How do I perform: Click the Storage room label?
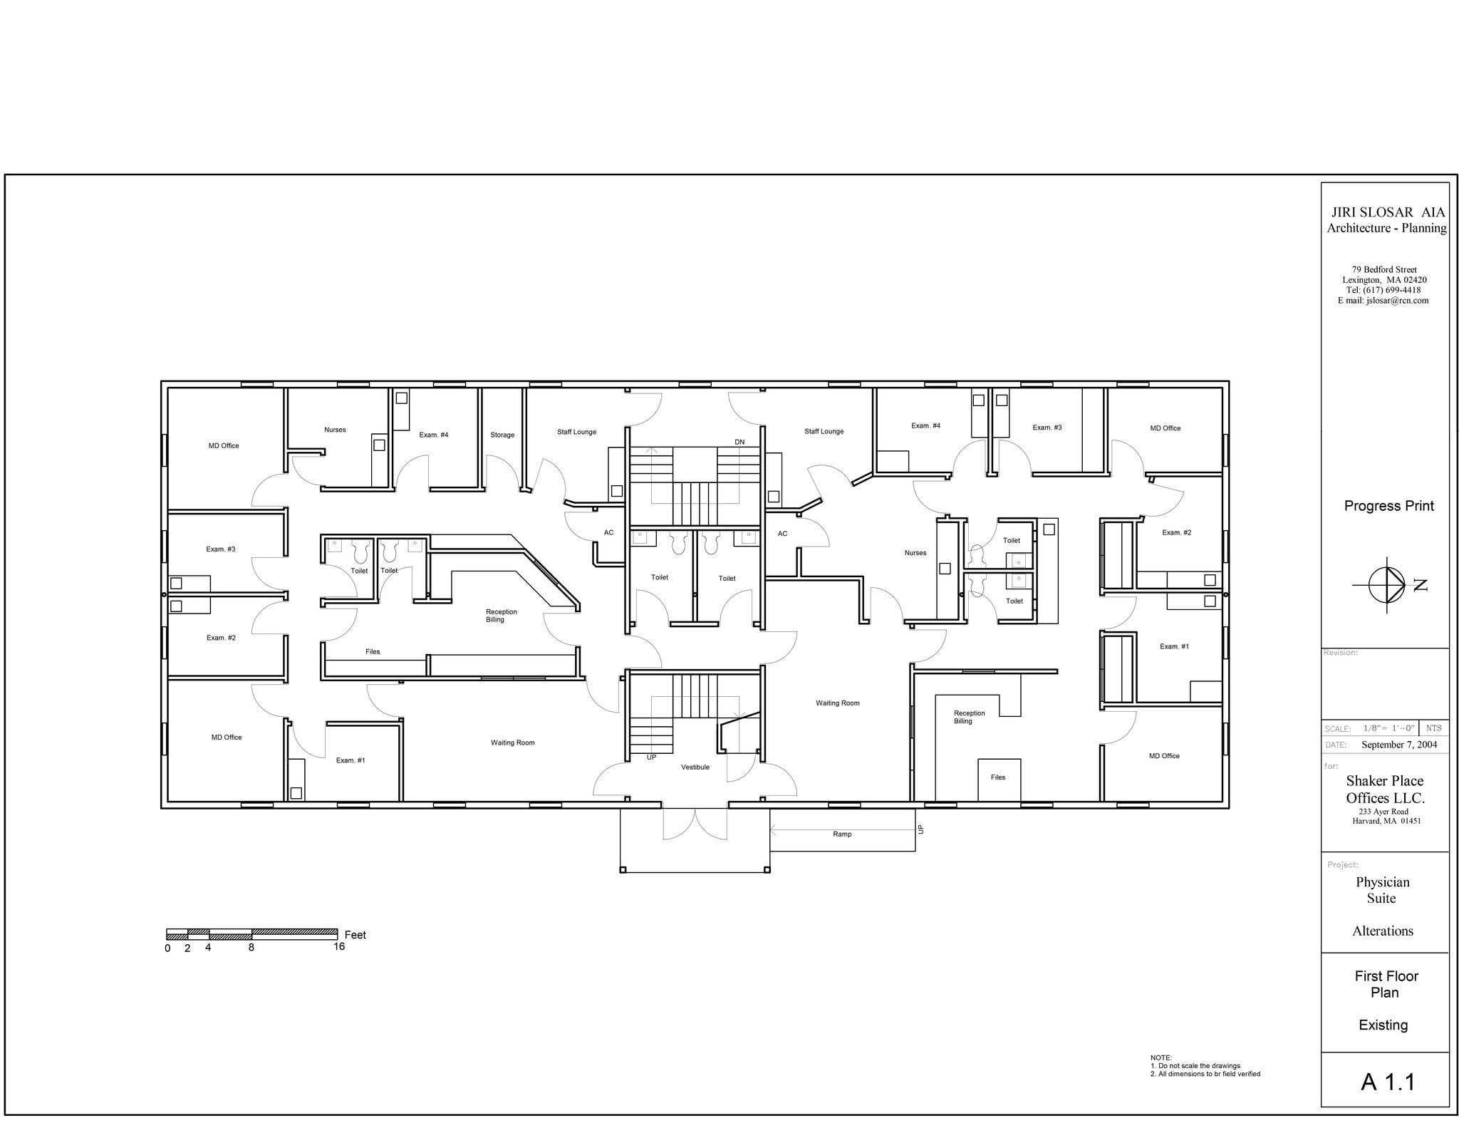click(502, 435)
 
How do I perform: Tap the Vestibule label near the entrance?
click(695, 767)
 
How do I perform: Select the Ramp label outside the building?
click(842, 834)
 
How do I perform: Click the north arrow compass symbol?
click(1387, 585)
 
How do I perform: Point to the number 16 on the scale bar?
click(339, 947)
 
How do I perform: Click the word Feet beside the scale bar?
click(355, 935)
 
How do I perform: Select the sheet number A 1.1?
click(1388, 1082)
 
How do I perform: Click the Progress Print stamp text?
click(1388, 506)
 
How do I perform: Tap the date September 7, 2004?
click(1399, 745)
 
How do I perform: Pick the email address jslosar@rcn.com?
click(1397, 301)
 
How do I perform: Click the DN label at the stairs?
click(739, 443)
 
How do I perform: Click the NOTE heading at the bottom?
click(1161, 1057)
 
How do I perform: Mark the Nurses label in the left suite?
click(335, 430)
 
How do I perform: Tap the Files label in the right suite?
click(997, 777)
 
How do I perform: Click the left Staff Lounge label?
click(576, 432)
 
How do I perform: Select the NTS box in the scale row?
click(1433, 728)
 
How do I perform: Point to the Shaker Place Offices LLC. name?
click(1385, 790)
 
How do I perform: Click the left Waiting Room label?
click(512, 742)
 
